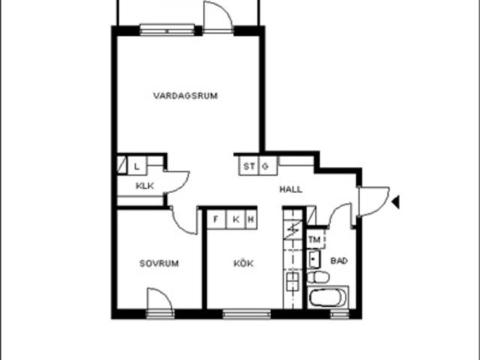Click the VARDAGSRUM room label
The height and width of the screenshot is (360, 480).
coord(185,96)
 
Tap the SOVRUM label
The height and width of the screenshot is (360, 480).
coord(159,263)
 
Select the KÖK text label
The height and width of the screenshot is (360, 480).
coord(243,263)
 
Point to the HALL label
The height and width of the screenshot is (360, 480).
coord(291,190)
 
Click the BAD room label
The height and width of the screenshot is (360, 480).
coord(339,261)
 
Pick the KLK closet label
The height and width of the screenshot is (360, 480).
coord(145,185)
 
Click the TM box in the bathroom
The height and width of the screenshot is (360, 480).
coord(315,240)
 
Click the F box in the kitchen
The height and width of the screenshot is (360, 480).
coord(217,219)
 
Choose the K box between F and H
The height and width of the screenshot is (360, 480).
coord(235,219)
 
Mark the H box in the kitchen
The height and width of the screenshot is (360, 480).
coord(250,219)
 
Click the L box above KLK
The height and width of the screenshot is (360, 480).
coord(137,166)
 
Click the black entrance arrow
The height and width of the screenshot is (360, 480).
coord(395,202)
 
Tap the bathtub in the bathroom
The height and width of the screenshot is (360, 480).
coord(328,298)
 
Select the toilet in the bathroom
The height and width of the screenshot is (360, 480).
coord(318,277)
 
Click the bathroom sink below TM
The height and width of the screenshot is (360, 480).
coord(314,259)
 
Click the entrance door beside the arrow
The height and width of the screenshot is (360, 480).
coord(373,201)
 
